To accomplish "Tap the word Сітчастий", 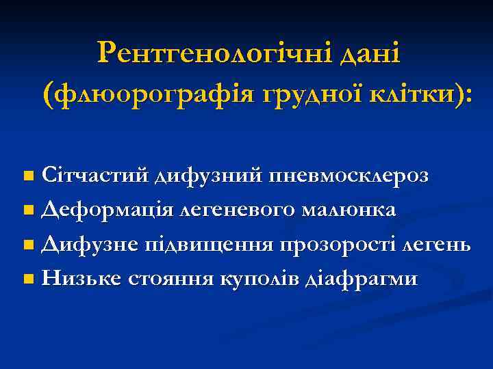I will [x=95, y=176].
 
